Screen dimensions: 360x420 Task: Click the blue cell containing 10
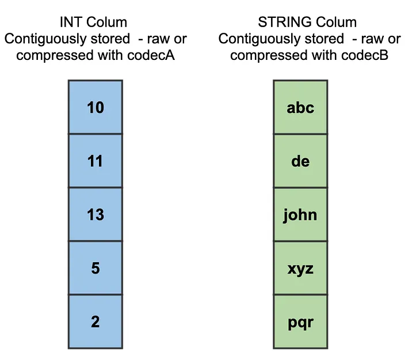[95, 107]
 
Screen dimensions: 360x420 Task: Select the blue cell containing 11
[95, 161]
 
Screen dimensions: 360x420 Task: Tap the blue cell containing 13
[95, 214]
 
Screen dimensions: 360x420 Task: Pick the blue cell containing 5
[95, 268]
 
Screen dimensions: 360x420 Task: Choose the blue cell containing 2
[95, 321]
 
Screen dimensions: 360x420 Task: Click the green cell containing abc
[300, 107]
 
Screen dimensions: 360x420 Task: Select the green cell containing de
[300, 161]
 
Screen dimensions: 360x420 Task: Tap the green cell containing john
[300, 214]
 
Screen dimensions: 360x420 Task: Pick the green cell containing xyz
[300, 268]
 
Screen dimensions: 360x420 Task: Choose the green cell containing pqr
[300, 321]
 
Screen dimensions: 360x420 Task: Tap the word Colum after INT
[108, 23]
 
